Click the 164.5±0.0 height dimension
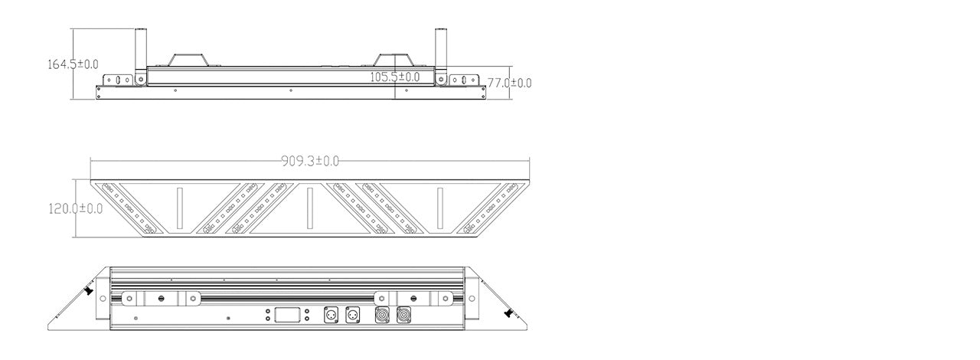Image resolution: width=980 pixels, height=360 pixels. point(73,64)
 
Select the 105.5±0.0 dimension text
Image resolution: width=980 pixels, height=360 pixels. point(395,77)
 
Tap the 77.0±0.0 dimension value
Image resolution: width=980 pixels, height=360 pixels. point(509,83)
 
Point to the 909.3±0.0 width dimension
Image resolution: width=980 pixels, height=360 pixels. point(310,161)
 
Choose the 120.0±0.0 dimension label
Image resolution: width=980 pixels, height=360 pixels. point(75,208)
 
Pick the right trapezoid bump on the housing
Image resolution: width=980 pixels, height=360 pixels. point(393,61)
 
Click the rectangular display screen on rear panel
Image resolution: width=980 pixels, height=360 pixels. point(286,315)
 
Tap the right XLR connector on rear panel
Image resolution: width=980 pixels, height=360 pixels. point(353,315)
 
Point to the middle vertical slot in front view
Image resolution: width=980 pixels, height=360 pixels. point(309,208)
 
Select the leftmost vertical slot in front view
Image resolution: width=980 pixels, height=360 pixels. point(178,208)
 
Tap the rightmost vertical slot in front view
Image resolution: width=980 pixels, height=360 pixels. point(440,208)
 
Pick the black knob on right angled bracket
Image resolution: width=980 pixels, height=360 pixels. point(508,312)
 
